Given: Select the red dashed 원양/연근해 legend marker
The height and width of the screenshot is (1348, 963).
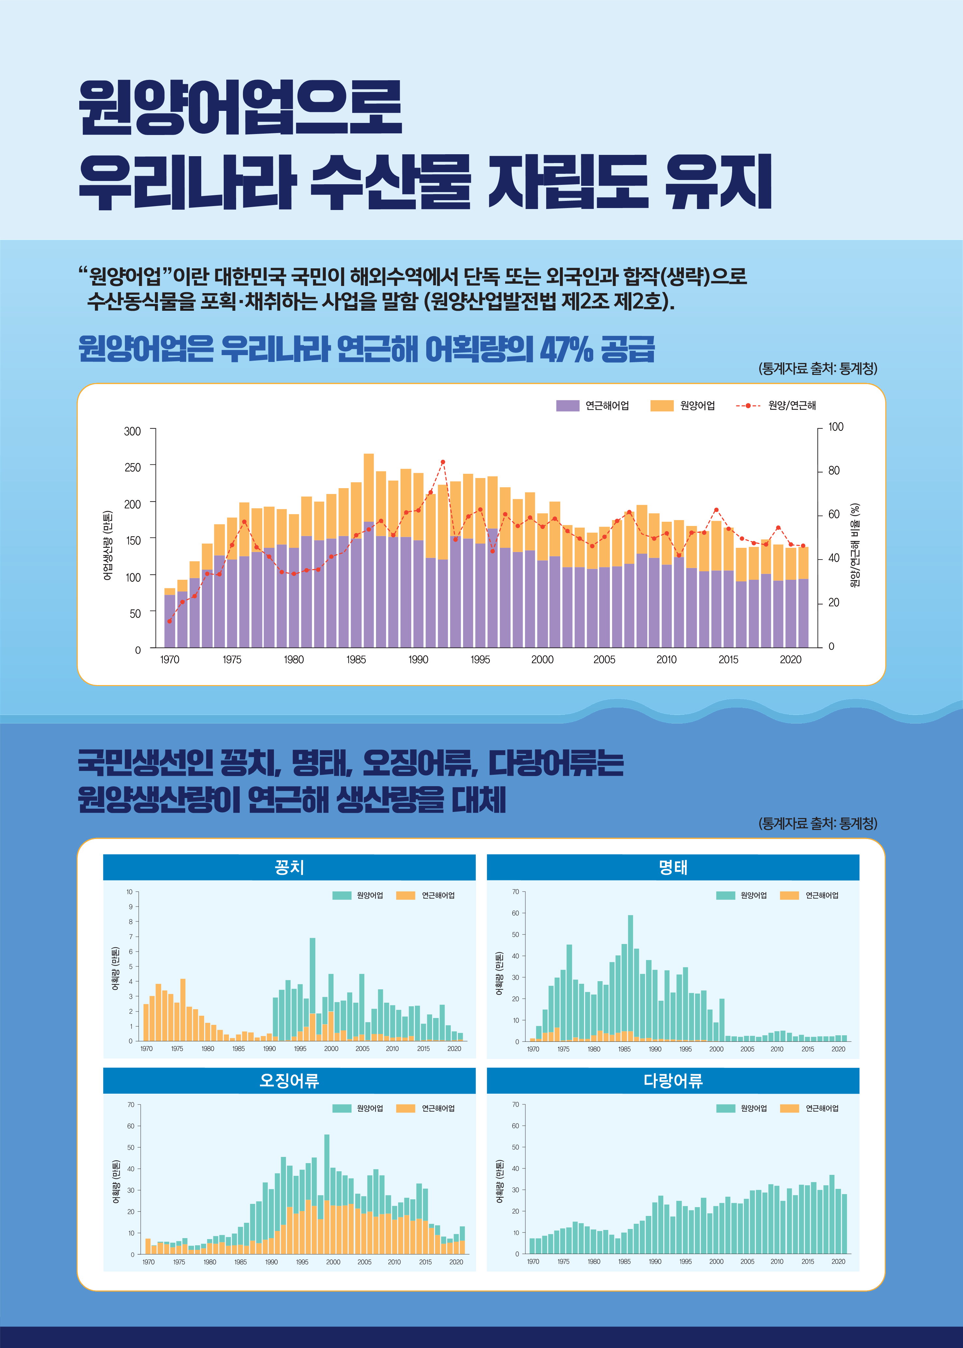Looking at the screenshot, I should (x=748, y=405).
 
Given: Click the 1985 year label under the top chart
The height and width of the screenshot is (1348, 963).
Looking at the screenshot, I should (x=356, y=660).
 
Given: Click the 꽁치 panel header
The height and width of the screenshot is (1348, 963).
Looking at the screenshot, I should (x=289, y=867).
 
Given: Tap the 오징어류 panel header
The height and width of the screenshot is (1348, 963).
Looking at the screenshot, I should (x=289, y=1081).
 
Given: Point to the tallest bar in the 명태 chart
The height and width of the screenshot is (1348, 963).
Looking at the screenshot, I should (x=630, y=978).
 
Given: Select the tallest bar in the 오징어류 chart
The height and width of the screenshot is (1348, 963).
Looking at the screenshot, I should (x=327, y=1191).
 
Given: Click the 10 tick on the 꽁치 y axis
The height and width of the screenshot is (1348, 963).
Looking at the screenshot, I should (x=129, y=891).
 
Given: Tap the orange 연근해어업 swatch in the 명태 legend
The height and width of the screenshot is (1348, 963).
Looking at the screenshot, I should (x=789, y=895).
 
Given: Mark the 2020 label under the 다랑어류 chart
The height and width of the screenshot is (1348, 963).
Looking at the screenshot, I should (x=838, y=1262).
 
